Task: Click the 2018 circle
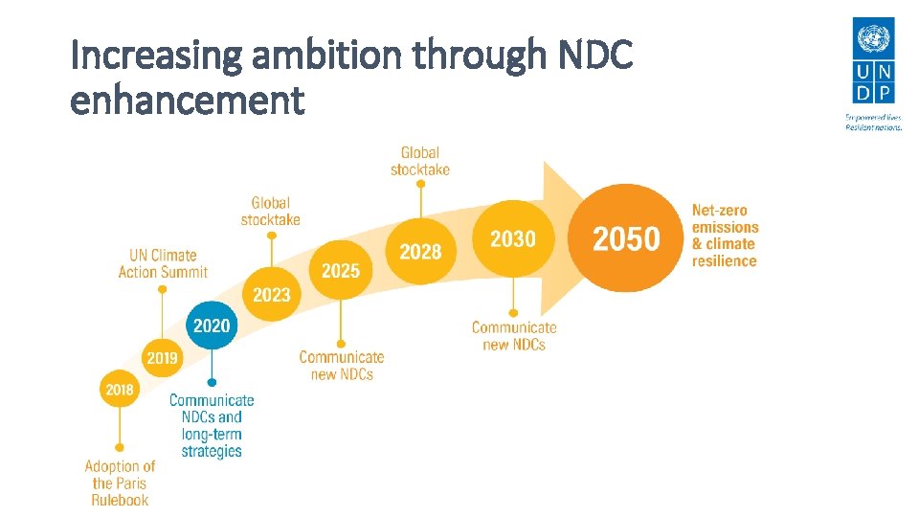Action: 120,390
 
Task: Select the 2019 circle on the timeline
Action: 162,358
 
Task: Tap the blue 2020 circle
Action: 212,326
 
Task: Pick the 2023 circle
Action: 271,295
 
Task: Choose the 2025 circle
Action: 341,271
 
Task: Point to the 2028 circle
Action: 420,252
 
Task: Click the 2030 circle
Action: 513,239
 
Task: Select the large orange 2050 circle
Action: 626,238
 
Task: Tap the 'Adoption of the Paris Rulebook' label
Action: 120,483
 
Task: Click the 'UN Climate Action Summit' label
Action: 163,263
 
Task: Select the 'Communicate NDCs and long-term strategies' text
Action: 212,425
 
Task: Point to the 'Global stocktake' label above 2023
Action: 271,211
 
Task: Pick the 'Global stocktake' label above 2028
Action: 420,160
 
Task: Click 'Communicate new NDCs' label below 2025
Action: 342,365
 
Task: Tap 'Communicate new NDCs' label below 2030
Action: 514,335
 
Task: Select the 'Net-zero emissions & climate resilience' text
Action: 725,236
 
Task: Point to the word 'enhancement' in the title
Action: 188,100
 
